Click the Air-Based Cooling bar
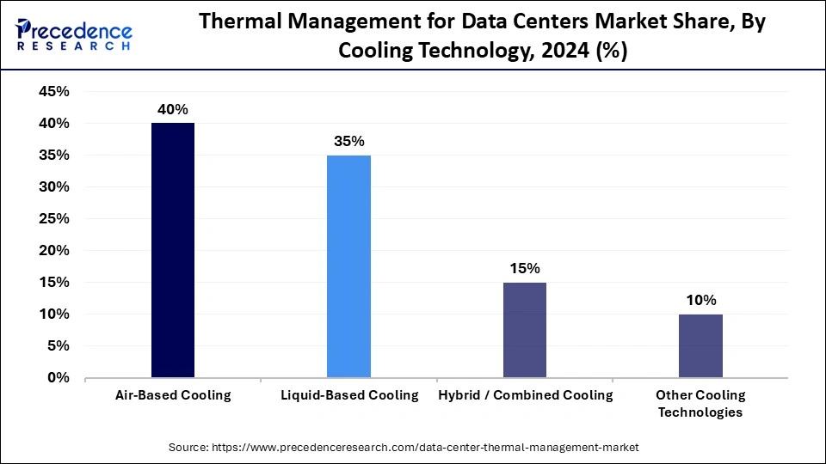pyautogui.click(x=172, y=250)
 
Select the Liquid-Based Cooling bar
pyautogui.click(x=348, y=266)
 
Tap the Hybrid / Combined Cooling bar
pyautogui.click(x=524, y=330)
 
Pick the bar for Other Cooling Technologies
pyautogui.click(x=700, y=345)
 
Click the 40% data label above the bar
pyautogui.click(x=172, y=109)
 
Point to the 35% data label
pyautogui.click(x=348, y=141)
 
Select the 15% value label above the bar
pyautogui.click(x=524, y=268)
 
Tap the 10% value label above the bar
pyautogui.click(x=700, y=300)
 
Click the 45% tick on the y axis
pyautogui.click(x=54, y=92)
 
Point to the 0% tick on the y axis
pyautogui.click(x=59, y=378)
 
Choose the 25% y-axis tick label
pyautogui.click(x=54, y=219)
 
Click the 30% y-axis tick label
pyautogui.click(x=54, y=187)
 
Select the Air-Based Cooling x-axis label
pyautogui.click(x=173, y=395)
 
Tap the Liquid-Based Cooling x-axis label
pyautogui.click(x=349, y=395)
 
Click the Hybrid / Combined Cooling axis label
pyautogui.click(x=525, y=395)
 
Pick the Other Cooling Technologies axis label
pyautogui.click(x=700, y=404)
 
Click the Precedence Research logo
pyautogui.click(x=74, y=35)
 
